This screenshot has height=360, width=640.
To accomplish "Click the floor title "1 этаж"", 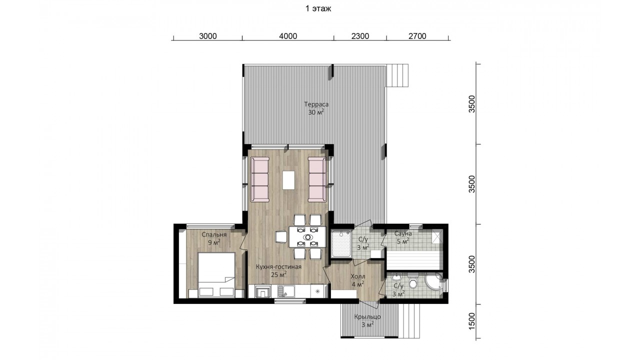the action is (x=318, y=8).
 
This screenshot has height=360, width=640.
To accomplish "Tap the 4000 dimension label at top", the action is (x=288, y=36).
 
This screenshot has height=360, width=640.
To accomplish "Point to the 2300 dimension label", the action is (x=360, y=36).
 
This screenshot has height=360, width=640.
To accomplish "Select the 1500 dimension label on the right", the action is (x=471, y=321).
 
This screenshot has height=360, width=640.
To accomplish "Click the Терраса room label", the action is (x=316, y=104).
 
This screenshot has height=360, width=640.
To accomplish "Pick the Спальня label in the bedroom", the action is (x=214, y=234).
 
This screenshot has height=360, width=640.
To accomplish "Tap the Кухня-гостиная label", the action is (x=278, y=267).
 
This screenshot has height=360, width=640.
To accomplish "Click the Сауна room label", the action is (x=403, y=233).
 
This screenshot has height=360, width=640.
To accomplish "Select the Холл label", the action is (x=357, y=276).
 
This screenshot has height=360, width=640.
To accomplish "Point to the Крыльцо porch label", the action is (x=367, y=317).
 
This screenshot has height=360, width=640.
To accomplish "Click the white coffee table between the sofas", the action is (x=288, y=180).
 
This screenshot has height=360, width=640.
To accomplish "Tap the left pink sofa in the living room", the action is (x=259, y=179).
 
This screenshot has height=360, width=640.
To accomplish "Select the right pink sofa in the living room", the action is (x=317, y=179).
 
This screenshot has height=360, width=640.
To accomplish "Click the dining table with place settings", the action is (x=307, y=237).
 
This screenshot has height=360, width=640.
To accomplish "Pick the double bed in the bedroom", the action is (x=216, y=275).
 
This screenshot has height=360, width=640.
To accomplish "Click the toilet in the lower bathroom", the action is (x=412, y=280).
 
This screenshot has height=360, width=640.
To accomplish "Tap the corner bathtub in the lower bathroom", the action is (x=434, y=282).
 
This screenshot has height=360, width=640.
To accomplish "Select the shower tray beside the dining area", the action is (x=341, y=243).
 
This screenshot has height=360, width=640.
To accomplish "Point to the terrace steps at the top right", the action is (x=397, y=75).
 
